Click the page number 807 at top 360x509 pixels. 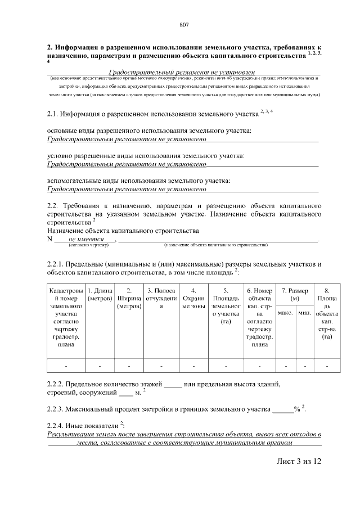click(183, 25)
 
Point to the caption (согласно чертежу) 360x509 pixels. click(88, 245)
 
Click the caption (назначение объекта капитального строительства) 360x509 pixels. click(216, 245)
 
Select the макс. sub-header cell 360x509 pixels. click(285, 312)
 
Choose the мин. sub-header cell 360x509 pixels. click(304, 312)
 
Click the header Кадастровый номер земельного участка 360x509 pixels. click(66, 318)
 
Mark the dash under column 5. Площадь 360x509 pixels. click(226, 366)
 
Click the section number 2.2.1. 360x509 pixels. click(56, 264)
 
